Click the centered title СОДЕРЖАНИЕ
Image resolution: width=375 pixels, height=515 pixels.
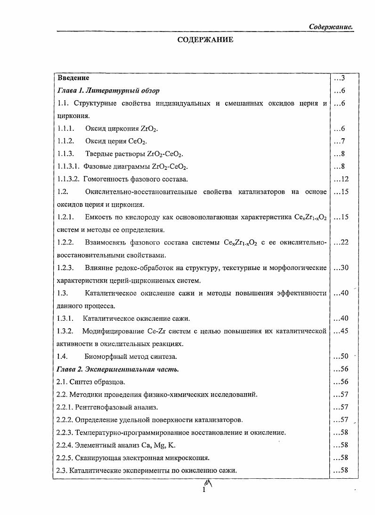pos(205,40)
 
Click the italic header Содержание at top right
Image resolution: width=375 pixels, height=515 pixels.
pos(331,27)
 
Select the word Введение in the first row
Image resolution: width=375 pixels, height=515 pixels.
pos(73,78)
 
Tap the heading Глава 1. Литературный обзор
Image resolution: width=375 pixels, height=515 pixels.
pos(108,90)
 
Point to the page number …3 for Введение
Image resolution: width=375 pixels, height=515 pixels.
pos(340,78)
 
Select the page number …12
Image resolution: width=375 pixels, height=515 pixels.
pos(341,179)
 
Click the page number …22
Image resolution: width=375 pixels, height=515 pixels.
pos(341,242)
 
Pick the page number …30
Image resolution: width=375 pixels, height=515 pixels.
pos(341,268)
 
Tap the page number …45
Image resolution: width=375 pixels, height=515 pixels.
pos(341,331)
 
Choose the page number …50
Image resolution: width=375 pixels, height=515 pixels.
pos(341,357)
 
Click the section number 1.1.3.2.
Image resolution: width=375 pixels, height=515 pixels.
pos(69,179)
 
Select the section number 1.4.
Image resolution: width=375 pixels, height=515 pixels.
pos(63,357)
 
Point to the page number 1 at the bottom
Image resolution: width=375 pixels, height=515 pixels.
pos(204,490)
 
